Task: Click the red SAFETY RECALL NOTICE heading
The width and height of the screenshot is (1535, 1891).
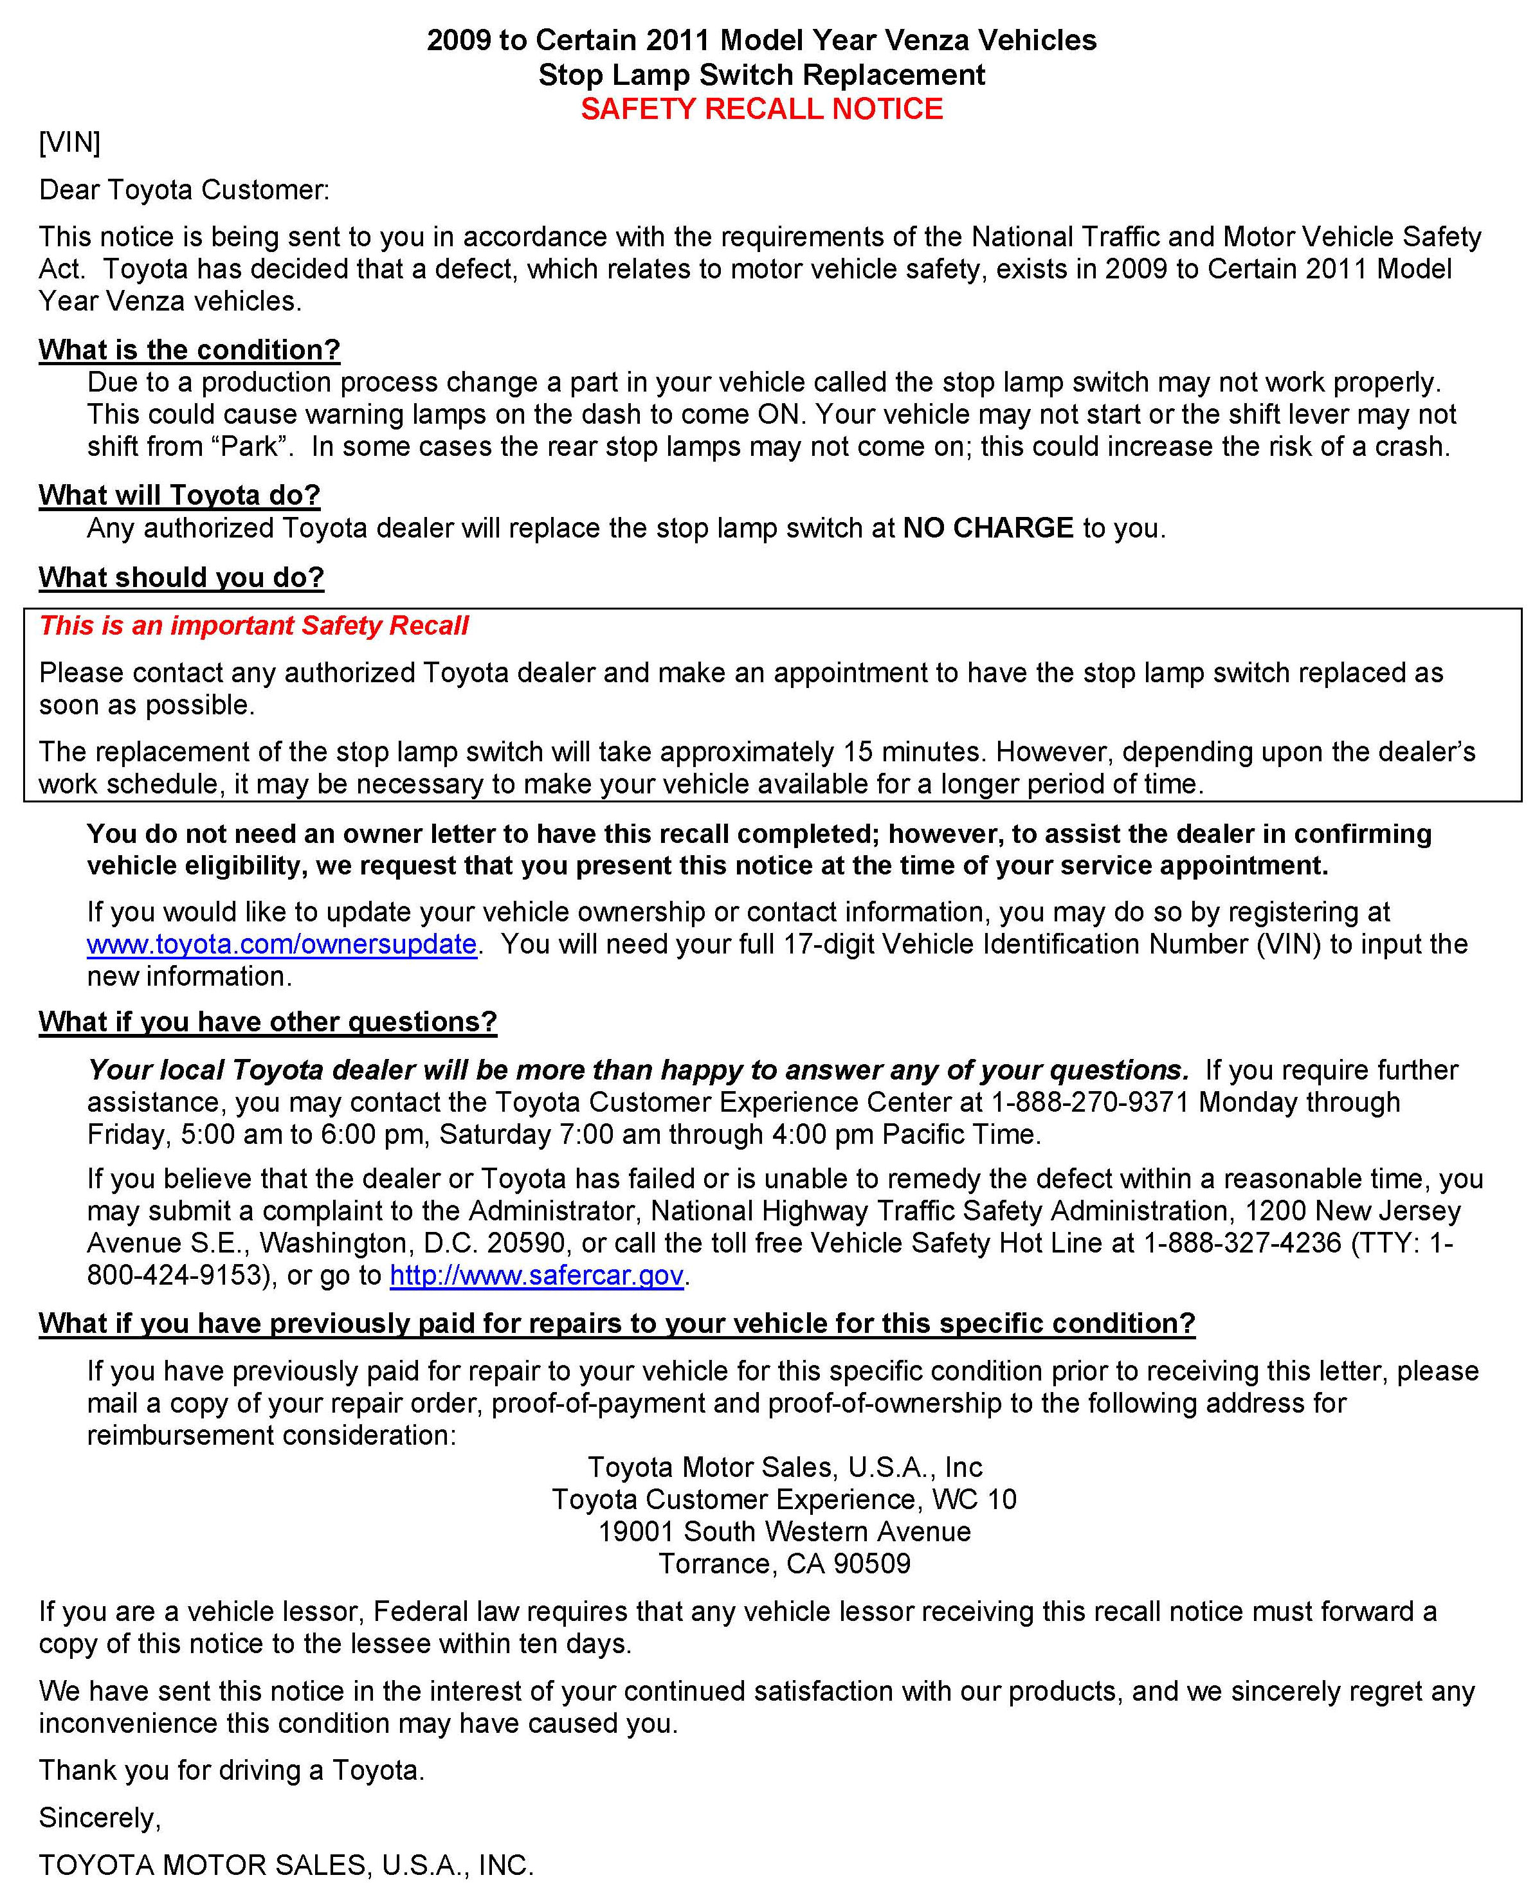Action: [x=761, y=109]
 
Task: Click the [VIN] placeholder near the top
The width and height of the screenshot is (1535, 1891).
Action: [x=70, y=142]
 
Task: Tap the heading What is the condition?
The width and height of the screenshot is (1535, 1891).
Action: [x=189, y=350]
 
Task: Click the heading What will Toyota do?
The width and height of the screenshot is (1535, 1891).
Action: [x=179, y=495]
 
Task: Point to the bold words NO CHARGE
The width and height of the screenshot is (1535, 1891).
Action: [x=988, y=528]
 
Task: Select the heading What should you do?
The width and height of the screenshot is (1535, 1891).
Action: [x=181, y=577]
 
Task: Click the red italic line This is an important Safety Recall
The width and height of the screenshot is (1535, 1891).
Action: [x=254, y=626]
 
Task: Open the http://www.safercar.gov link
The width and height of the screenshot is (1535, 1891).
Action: [x=537, y=1275]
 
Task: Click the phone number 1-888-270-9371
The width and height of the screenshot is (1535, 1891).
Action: [x=1090, y=1103]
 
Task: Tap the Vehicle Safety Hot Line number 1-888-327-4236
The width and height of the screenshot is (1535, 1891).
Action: [x=1242, y=1243]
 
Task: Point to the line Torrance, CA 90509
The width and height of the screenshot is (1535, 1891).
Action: [x=785, y=1564]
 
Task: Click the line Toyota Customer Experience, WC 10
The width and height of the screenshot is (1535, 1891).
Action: [x=785, y=1499]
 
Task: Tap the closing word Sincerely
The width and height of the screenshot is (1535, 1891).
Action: [x=99, y=1818]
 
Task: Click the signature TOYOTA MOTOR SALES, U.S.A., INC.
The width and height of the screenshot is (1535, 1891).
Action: [x=286, y=1865]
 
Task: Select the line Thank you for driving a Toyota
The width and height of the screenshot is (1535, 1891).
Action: [x=232, y=1770]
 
